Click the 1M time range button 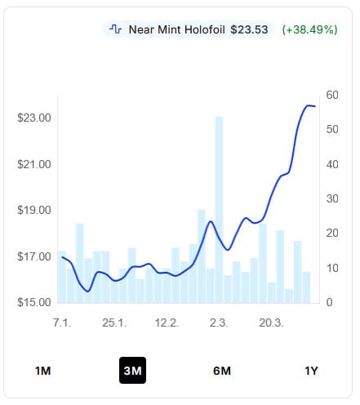pyautogui.click(x=42, y=371)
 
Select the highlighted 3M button pyautogui.click(x=132, y=370)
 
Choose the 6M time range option pyautogui.click(x=222, y=371)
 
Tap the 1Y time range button pyautogui.click(x=311, y=371)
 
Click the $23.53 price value pyautogui.click(x=249, y=29)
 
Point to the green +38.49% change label pyautogui.click(x=309, y=29)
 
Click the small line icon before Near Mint pyautogui.click(x=115, y=29)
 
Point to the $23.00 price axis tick pyautogui.click(x=34, y=118)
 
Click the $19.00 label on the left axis pyautogui.click(x=34, y=210)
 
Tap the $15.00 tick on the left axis pyautogui.click(x=34, y=302)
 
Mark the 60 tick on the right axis pyautogui.click(x=332, y=95)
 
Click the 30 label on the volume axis pyautogui.click(x=332, y=198)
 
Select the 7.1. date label pyautogui.click(x=62, y=323)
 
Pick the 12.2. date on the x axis pyautogui.click(x=167, y=323)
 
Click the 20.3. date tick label pyautogui.click(x=271, y=323)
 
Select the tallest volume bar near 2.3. pyautogui.click(x=219, y=210)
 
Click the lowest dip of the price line pyautogui.click(x=87, y=292)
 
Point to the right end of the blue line pyautogui.click(x=315, y=106)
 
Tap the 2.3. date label pyautogui.click(x=219, y=323)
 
